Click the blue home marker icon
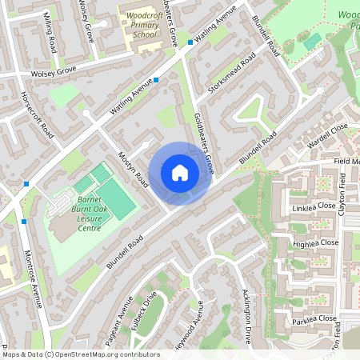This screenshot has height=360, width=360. (x=180, y=173)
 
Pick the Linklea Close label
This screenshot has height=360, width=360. (x=314, y=206)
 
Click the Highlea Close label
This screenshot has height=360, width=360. (x=315, y=242)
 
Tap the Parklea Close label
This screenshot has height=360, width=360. (x=314, y=318)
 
